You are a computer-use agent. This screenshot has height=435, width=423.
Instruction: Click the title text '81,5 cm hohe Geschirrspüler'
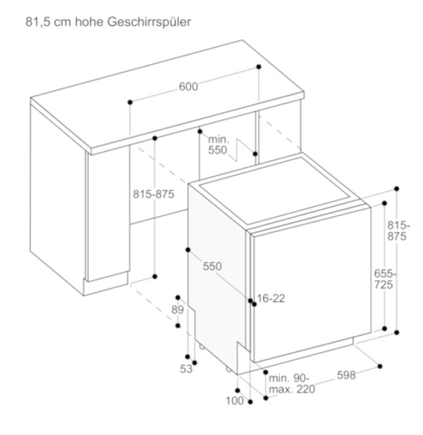coord(108,22)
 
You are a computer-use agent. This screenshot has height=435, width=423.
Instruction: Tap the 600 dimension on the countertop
coord(188,87)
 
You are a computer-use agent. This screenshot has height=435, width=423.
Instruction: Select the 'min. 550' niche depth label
coord(218,145)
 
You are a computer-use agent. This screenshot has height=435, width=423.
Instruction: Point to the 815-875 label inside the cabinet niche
coord(154,194)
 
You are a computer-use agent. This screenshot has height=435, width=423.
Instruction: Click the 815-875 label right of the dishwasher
coord(399,231)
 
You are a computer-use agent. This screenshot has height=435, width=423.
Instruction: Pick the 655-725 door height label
coord(385,279)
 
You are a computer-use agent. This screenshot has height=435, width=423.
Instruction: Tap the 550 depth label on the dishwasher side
coord(212,266)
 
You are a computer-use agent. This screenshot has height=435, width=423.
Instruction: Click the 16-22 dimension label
coord(271,298)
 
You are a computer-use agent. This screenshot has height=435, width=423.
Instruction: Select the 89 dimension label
coord(178,310)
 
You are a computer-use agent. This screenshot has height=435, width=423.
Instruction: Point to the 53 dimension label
coord(186,369)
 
